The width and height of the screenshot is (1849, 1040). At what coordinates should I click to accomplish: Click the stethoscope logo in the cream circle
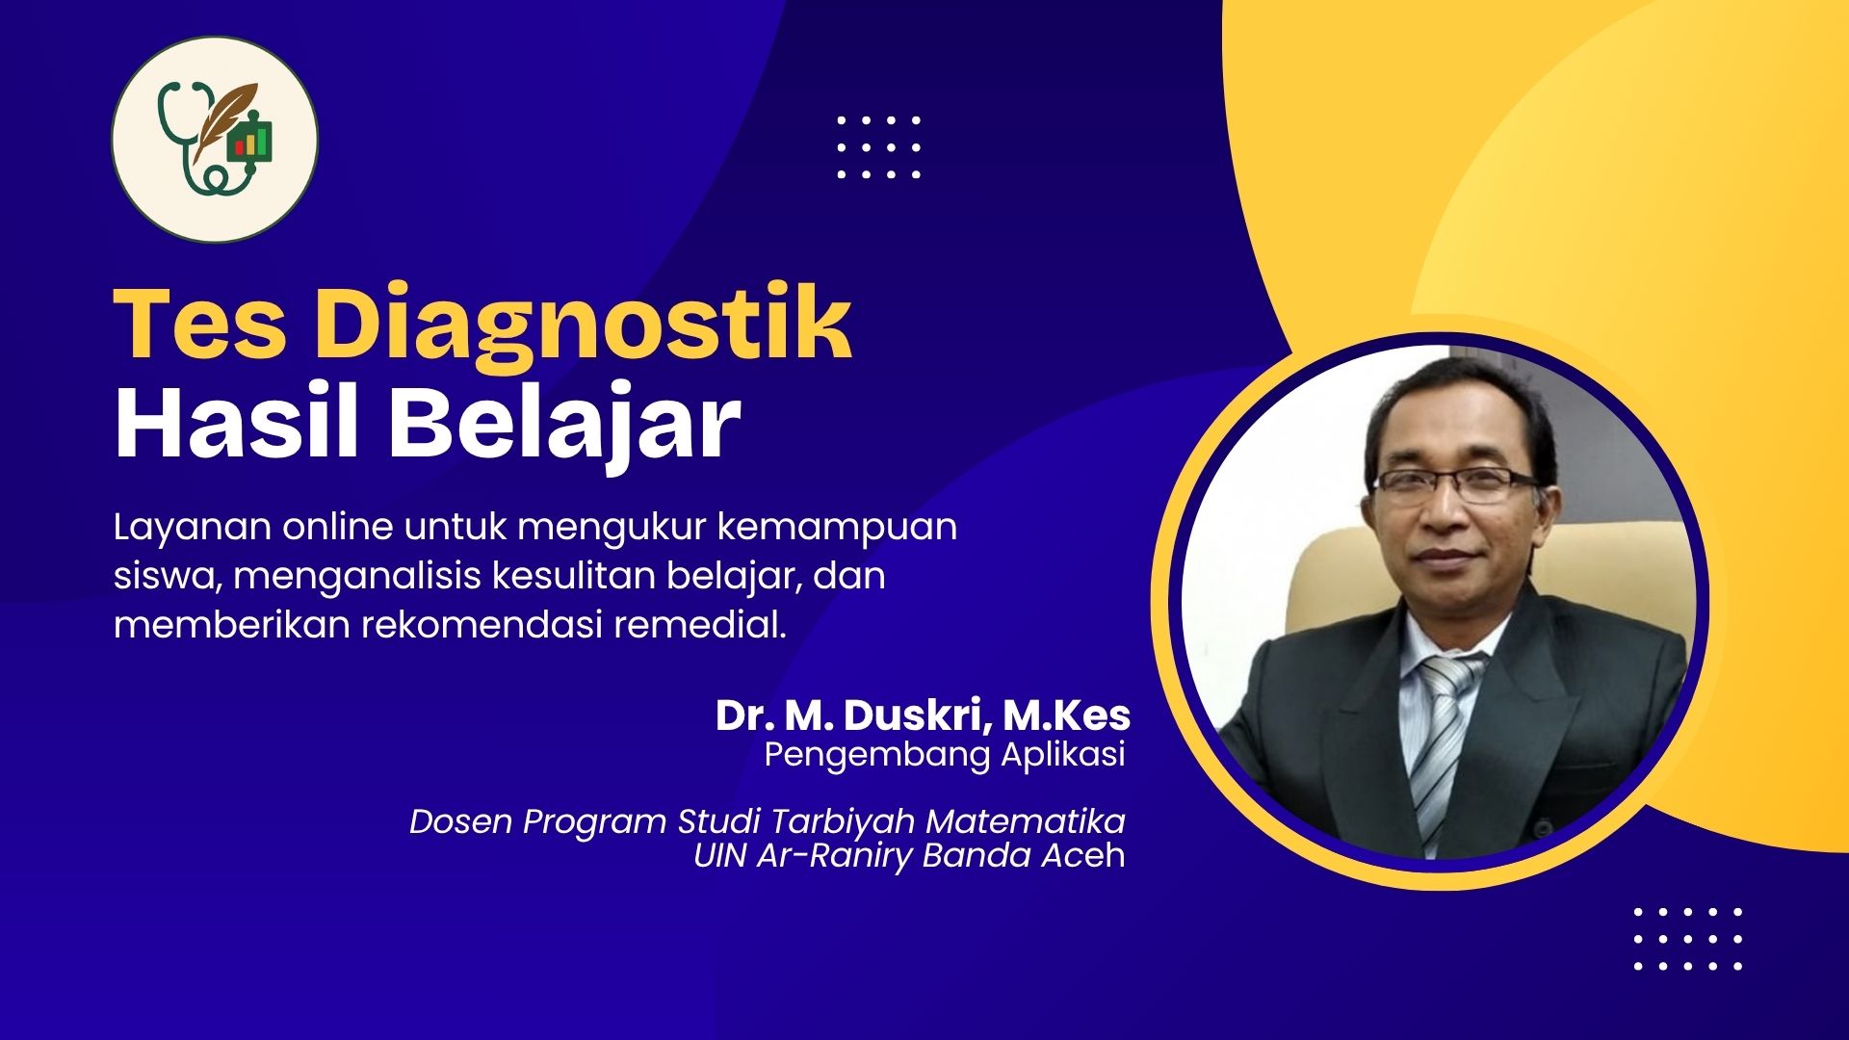pos(214,139)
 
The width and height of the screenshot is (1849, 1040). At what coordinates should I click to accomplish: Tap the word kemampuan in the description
pos(837,529)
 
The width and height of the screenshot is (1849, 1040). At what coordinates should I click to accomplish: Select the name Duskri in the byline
pos(919,715)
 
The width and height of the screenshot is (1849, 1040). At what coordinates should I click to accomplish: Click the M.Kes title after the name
pos(1066,715)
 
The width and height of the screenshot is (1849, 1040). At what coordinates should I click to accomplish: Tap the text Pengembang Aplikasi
pos(945,755)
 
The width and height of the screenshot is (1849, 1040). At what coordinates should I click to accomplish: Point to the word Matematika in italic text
pos(1026,821)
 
